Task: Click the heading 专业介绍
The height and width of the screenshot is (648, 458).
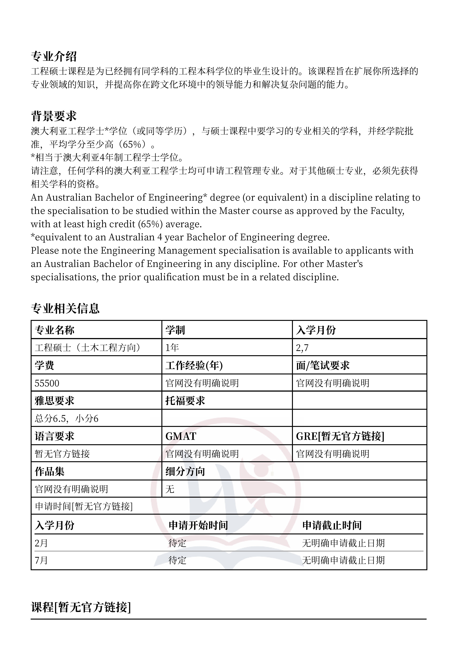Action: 54,57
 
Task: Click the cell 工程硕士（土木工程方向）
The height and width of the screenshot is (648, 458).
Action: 88,347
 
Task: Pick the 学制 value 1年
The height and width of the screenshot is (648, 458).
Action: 172,347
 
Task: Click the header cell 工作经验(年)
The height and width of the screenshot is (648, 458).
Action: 194,366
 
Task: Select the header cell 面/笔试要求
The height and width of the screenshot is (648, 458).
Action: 323,366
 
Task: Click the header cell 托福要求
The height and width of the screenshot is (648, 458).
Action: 185,401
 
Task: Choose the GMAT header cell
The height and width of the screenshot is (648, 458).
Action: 181,436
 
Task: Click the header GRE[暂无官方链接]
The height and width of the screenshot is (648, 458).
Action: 340,436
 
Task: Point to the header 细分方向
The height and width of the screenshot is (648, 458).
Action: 185,471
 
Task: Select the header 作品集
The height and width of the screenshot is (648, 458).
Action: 50,471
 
